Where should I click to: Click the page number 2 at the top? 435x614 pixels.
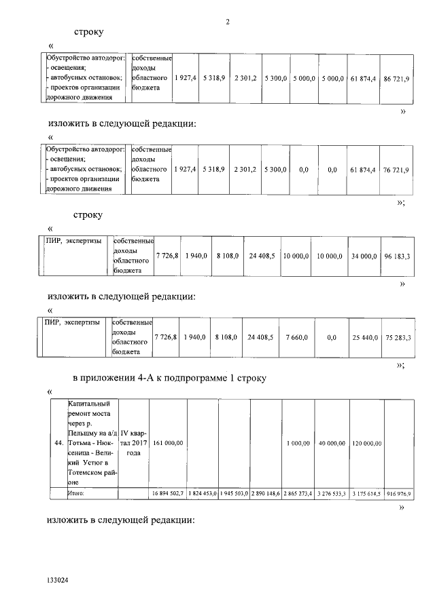click(228, 22)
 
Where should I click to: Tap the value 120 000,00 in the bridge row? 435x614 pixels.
click(367, 443)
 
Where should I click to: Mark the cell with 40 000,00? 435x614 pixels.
click(332, 443)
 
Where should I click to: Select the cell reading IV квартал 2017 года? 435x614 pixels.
click(134, 443)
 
